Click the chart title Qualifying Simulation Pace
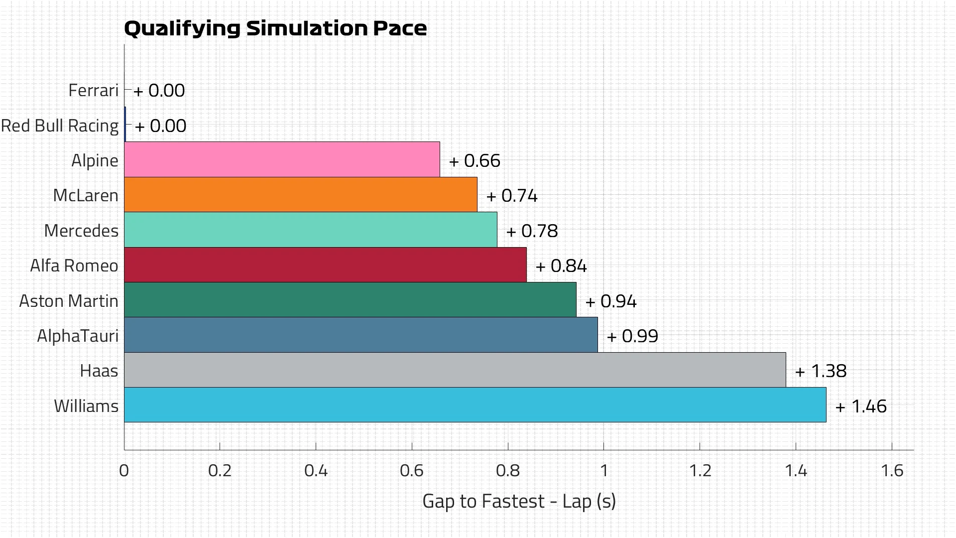point(275,28)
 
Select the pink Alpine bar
point(282,159)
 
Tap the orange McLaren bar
point(300,195)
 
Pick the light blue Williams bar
point(475,405)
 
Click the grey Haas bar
point(455,370)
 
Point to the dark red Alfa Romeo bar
point(325,265)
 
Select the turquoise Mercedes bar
point(310,230)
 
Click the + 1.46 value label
point(861,406)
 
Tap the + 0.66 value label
point(475,161)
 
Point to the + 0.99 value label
point(632,336)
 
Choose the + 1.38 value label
point(821,371)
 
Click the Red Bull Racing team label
point(60,126)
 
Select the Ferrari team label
point(94,91)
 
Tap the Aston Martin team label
point(69,301)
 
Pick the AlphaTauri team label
point(78,336)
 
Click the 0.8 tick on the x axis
point(508,470)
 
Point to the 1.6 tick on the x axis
point(892,470)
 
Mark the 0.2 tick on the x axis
point(220,470)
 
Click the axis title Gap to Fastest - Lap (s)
point(519,501)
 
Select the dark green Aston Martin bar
point(350,300)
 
